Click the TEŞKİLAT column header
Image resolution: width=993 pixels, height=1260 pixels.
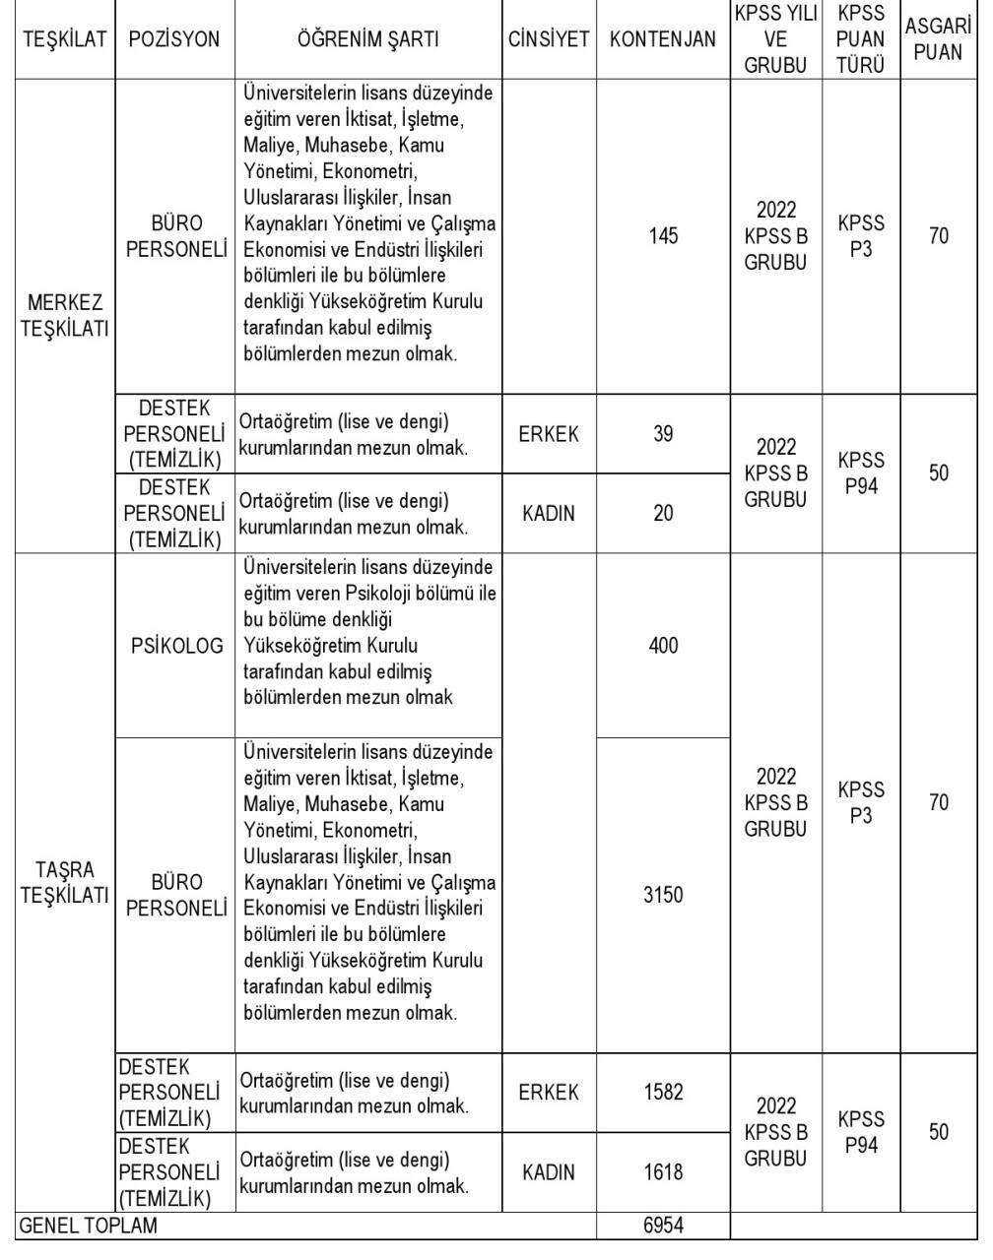point(63,39)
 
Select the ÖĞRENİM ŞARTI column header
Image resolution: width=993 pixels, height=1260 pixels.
point(367,39)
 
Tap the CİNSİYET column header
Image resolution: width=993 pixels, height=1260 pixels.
point(549,39)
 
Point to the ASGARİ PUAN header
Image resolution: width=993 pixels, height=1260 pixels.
point(938,39)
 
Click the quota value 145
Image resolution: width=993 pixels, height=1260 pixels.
point(663,236)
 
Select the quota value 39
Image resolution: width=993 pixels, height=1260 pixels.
point(663,433)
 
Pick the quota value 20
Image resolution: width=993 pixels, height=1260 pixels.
point(663,513)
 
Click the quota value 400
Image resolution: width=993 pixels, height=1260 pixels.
point(663,646)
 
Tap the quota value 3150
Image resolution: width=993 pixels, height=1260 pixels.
point(663,895)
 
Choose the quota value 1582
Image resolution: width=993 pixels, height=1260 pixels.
point(663,1092)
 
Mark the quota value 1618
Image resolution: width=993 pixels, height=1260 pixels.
point(663,1171)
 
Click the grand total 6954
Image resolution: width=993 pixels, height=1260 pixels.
point(663,1226)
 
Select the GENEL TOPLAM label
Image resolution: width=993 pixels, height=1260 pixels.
point(89,1226)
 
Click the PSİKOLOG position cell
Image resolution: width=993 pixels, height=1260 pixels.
point(176,646)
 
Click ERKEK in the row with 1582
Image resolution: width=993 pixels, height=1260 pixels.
point(549,1092)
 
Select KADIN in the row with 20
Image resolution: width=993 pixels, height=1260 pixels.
point(549,513)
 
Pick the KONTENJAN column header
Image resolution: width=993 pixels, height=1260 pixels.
point(663,39)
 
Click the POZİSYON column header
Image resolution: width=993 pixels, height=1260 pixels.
point(174,39)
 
